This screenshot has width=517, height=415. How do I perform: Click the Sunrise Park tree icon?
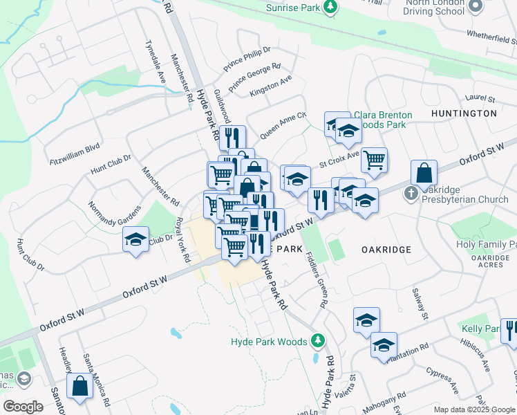coord(331,7)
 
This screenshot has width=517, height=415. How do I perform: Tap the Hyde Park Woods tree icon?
coord(317,340)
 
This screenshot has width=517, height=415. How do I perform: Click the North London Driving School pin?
coord(474,6)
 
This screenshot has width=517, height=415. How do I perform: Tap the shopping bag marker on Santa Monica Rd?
coord(79,388)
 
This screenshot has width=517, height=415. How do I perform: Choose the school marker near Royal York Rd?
coord(135,240)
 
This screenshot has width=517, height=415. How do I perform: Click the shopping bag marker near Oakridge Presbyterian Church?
coord(424,174)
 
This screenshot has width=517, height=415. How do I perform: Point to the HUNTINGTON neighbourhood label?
coord(464,113)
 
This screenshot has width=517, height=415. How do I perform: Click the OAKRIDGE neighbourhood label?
coord(386,249)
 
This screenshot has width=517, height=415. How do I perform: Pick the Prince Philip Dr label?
coord(247,59)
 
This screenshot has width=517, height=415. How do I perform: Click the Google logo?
coord(23,407)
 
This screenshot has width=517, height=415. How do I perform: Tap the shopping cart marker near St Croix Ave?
coord(374,160)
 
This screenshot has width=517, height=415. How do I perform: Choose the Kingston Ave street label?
coord(271,84)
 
